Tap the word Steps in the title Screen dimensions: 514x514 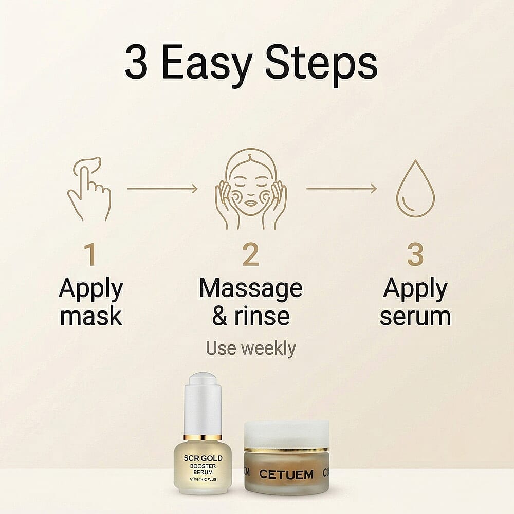tap(323, 65)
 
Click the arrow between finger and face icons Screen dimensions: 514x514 tap(162, 189)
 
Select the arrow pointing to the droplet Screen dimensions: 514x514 tap(341, 189)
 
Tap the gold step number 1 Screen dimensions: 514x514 tap(90, 255)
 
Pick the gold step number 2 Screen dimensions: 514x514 tap(251, 255)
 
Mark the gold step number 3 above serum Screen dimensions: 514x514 tap(415, 255)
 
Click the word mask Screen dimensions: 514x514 tap(91, 316)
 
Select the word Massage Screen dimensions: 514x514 tap(251, 289)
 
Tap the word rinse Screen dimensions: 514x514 tap(266, 316)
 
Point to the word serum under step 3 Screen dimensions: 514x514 tap(415, 316)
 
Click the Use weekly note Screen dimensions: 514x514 tap(251, 348)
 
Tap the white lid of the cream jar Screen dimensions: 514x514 tap(286, 434)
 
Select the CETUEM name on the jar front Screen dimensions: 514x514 tap(286, 474)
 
